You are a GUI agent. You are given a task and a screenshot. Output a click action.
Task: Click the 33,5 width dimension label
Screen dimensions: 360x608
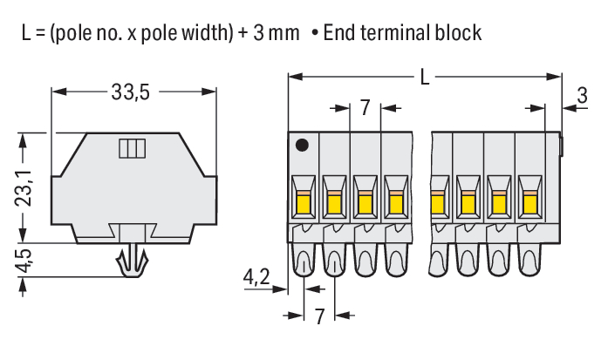coord(131,92)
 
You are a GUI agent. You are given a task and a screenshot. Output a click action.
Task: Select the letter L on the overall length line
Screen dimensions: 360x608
coord(425,78)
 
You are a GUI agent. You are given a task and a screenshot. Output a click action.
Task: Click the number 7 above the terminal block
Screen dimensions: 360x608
coord(365,108)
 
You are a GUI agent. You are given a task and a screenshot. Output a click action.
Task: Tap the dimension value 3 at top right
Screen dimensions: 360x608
coord(582,98)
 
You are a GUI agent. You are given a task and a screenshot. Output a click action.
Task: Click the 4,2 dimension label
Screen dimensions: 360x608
coord(256,277)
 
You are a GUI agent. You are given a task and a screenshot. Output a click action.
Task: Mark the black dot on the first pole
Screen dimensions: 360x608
coord(302,145)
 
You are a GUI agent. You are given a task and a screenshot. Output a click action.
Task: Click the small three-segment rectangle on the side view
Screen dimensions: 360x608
coord(130,148)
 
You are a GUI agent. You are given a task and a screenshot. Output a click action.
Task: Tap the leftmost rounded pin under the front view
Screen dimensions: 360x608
coord(304,261)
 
